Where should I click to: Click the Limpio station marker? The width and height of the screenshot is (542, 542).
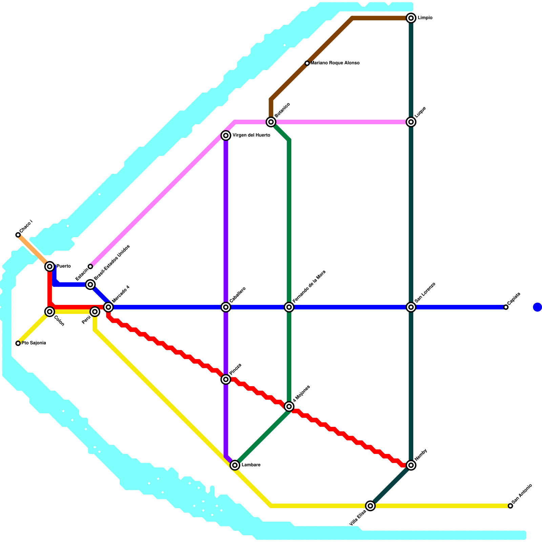point(411,18)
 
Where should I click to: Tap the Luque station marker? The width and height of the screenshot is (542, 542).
point(411,122)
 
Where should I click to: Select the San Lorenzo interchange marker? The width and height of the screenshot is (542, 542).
point(411,307)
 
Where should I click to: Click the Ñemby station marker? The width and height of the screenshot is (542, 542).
point(411,465)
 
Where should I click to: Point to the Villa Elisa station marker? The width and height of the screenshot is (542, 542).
point(370,506)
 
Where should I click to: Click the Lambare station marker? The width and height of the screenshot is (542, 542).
point(235,465)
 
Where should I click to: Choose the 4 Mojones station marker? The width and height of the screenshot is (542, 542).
point(289,406)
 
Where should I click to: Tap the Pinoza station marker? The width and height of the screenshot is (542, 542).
point(226,379)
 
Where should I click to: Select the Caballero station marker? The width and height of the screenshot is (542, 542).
point(226,307)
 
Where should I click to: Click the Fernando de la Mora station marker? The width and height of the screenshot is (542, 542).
point(289,307)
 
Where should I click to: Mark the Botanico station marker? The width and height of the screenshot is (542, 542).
point(271,122)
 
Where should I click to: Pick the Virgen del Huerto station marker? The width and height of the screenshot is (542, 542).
point(226,136)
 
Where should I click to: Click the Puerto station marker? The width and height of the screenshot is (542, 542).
point(50,267)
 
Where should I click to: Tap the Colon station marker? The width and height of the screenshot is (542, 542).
point(50,311)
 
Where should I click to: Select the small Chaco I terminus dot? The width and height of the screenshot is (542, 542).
point(18,235)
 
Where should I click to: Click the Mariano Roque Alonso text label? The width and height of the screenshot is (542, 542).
point(335,63)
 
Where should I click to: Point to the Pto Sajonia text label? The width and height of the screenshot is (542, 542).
point(34,343)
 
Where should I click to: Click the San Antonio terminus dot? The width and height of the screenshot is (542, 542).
point(510,506)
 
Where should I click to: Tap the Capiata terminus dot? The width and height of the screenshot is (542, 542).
point(506,307)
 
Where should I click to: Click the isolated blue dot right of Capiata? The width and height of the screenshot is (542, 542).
point(537,307)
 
